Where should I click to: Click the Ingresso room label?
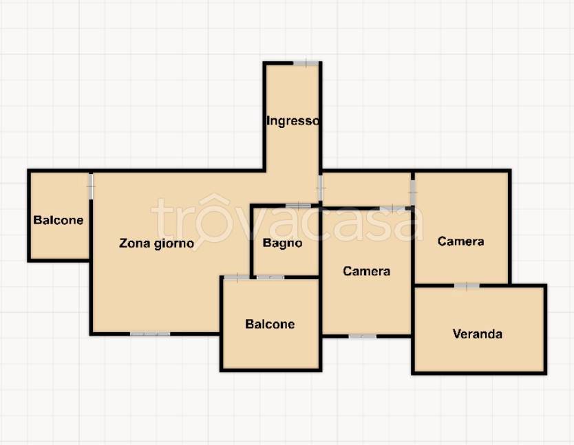pyautogui.click(x=293, y=120)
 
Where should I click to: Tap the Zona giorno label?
pyautogui.click(x=157, y=243)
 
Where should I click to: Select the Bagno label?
pyautogui.click(x=283, y=243)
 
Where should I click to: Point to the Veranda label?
pyautogui.click(x=478, y=334)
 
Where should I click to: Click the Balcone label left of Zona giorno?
pyautogui.click(x=59, y=220)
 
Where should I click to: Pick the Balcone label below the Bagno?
pyautogui.click(x=270, y=324)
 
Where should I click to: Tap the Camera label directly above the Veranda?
pyautogui.click(x=461, y=241)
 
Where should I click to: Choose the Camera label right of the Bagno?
pyautogui.click(x=366, y=271)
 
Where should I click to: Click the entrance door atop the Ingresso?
pyautogui.click(x=306, y=63)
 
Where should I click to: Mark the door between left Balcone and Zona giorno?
pyautogui.click(x=91, y=186)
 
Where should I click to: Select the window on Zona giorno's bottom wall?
pyautogui.click(x=150, y=334)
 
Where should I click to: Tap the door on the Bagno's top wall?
pyautogui.click(x=298, y=206)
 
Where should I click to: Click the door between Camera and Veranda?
pyautogui.click(x=467, y=285)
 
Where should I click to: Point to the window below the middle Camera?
pyautogui.click(x=363, y=336)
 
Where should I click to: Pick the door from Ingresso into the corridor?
pyautogui.click(x=320, y=188)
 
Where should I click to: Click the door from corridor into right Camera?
pyautogui.click(x=412, y=193)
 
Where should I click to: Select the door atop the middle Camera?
pyautogui.click(x=392, y=208)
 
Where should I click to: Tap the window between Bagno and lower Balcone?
pyautogui.click(x=270, y=277)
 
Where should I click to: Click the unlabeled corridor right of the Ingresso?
pyautogui.click(x=366, y=189)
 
